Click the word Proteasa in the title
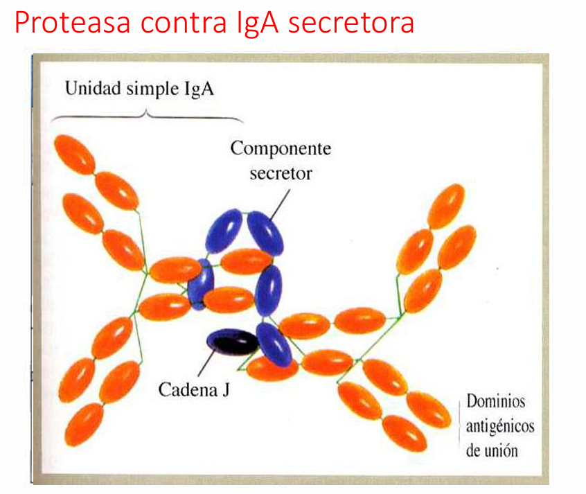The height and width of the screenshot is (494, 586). (73, 23)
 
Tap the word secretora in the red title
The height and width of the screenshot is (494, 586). (351, 23)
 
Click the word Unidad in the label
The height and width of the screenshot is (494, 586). (93, 89)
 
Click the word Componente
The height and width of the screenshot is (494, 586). (281, 149)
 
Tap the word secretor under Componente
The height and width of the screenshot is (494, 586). (281, 174)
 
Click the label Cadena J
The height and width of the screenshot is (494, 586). (194, 389)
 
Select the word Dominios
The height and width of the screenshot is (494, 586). (496, 401)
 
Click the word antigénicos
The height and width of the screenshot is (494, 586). (500, 426)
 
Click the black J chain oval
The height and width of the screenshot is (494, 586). (233, 342)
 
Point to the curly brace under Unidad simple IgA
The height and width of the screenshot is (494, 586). (147, 116)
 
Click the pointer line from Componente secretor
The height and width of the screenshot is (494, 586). (280, 204)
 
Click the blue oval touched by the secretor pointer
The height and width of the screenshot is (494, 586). (265, 233)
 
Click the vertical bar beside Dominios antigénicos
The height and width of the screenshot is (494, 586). (459, 426)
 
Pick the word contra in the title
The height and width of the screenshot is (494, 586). (184, 23)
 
